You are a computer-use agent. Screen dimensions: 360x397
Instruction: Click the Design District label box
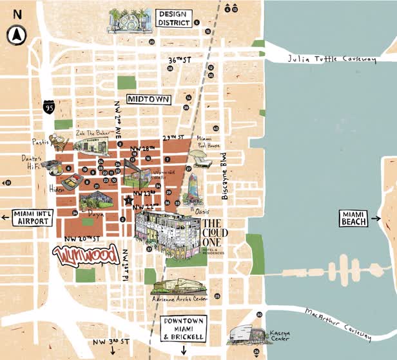click(174, 18)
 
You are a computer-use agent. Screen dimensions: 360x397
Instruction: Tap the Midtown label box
click(148, 100)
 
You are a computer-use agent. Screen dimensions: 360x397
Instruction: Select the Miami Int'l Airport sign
click(30, 217)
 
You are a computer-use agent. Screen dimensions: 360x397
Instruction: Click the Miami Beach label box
click(354, 218)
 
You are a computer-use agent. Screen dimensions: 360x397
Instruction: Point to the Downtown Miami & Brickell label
click(183, 328)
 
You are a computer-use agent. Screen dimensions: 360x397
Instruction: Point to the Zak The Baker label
click(90, 133)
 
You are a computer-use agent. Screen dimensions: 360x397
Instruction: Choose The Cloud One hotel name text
click(215, 232)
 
